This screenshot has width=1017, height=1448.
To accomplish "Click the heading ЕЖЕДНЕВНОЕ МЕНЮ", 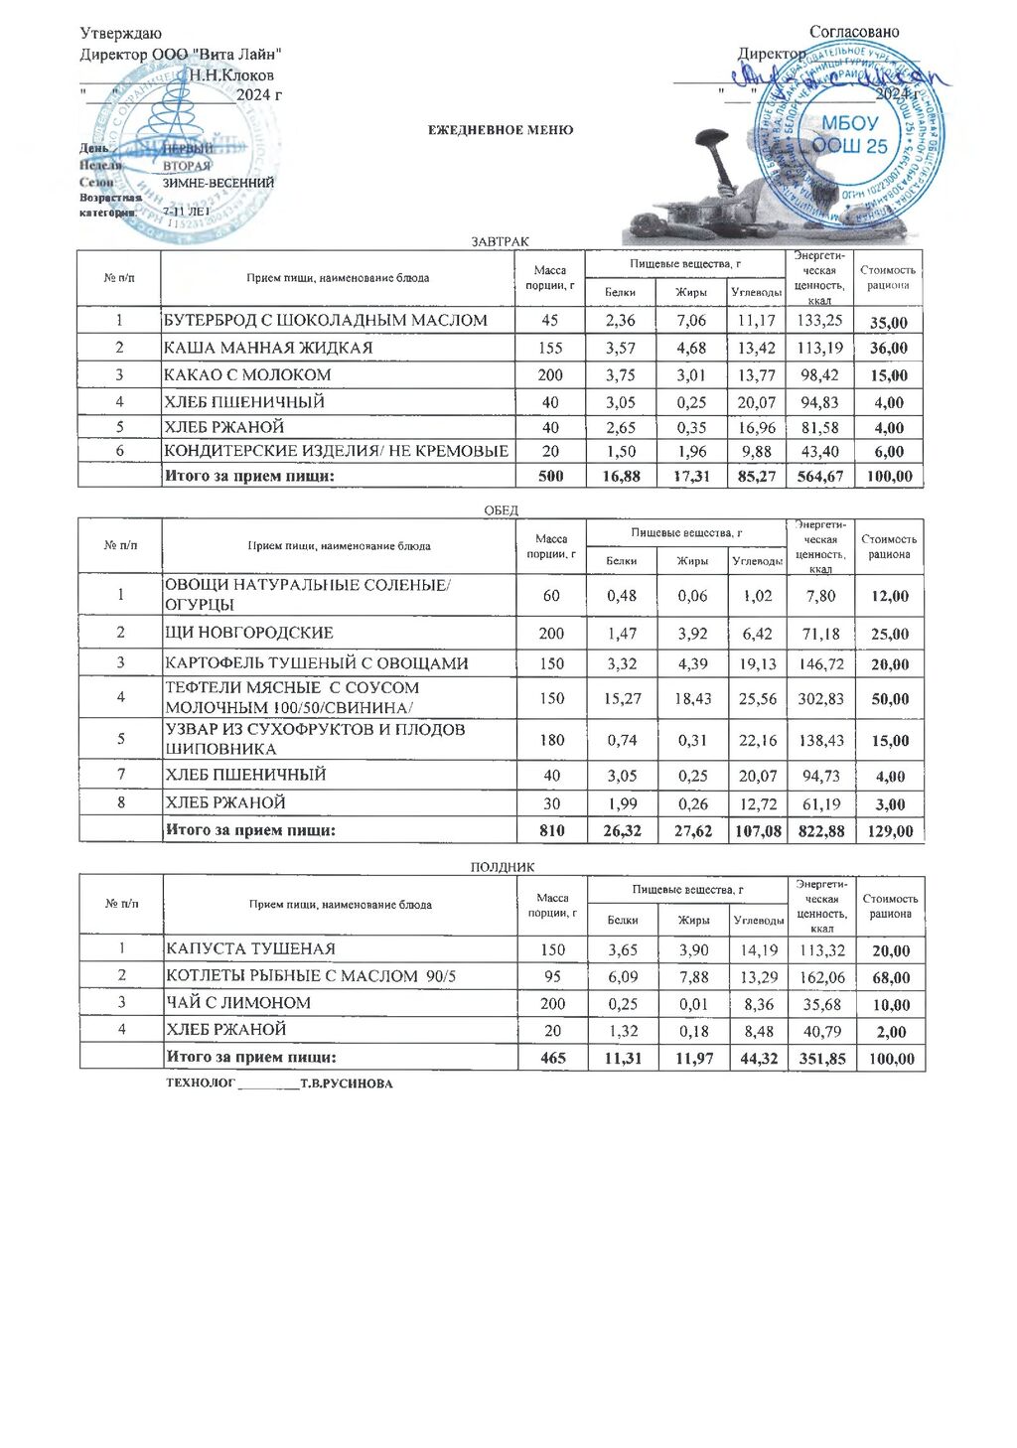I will click(501, 130).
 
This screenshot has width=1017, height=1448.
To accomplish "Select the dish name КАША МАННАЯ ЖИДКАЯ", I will click(267, 348).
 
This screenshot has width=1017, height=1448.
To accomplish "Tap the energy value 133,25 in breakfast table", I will click(819, 320).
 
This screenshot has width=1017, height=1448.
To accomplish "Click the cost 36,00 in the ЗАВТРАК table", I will click(888, 349).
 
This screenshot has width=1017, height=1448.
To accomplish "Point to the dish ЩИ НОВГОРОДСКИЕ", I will click(249, 633).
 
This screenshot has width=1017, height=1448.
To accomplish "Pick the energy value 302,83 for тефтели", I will click(820, 698).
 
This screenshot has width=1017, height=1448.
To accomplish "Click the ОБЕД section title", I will click(501, 510).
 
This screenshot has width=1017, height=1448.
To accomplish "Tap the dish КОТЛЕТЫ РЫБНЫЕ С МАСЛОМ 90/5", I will click(311, 976).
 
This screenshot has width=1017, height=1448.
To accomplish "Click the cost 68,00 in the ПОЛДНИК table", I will click(890, 977).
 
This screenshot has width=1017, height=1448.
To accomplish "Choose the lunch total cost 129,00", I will click(889, 831).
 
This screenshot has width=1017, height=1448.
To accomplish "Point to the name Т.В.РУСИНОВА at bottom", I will click(347, 1084).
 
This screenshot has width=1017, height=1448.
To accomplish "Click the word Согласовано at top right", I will click(853, 32).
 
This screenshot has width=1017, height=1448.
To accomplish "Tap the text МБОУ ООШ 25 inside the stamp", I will click(851, 135).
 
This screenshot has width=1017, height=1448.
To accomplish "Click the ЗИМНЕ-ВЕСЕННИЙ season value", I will click(218, 183).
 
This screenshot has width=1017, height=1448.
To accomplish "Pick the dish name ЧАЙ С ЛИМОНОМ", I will click(238, 1003).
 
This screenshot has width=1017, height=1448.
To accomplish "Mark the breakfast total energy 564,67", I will click(819, 477).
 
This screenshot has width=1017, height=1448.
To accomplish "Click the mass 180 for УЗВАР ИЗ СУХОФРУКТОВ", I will click(551, 740).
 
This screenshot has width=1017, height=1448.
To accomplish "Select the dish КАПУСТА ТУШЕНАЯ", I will click(250, 949).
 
